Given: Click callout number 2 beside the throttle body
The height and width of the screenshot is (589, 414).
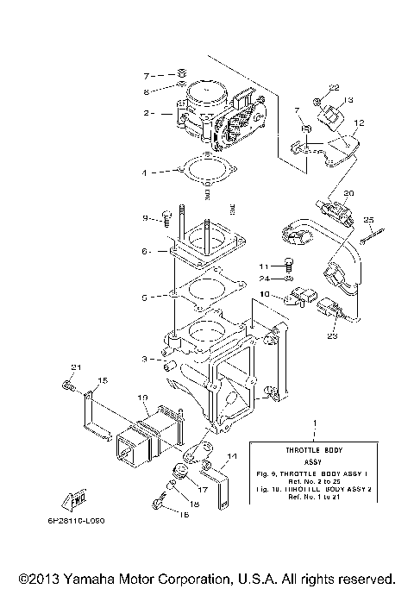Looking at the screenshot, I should click(x=147, y=113).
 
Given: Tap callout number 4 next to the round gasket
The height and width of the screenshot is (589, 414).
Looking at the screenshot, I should click(x=147, y=172).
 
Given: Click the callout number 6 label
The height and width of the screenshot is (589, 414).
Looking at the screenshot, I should click(x=147, y=252).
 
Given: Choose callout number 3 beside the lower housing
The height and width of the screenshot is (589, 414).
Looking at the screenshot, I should click(x=147, y=358).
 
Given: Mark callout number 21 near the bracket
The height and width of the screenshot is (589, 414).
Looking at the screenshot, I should click(x=75, y=368).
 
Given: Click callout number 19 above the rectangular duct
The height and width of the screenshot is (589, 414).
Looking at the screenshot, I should click(x=143, y=399).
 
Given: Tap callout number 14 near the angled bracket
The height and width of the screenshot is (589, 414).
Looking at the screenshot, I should click(x=231, y=456).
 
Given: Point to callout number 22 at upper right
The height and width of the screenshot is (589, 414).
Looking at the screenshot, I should click(x=335, y=88).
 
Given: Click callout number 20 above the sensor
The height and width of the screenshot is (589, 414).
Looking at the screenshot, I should click(x=348, y=193).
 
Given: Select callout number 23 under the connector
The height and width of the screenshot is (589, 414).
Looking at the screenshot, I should click(x=331, y=337).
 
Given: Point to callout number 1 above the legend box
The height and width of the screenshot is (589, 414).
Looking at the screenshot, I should click(x=315, y=426).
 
